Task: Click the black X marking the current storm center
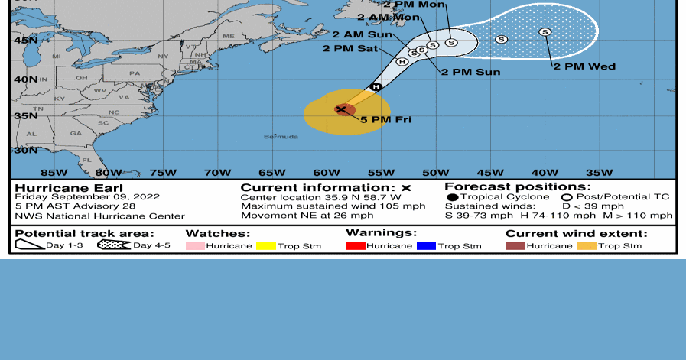[341, 109]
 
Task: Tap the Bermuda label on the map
[281, 137]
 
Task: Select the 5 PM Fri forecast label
[386, 120]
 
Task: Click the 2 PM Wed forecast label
[584, 66]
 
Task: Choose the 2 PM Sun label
[470, 72]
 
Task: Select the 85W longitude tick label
[53, 172]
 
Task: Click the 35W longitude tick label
[599, 172]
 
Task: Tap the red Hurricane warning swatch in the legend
[356, 245]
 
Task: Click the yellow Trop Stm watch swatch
[266, 246]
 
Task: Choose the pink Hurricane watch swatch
[196, 246]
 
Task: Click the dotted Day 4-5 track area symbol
[113, 245]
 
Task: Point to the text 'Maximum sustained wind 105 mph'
[333, 206]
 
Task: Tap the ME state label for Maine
[229, 36]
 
